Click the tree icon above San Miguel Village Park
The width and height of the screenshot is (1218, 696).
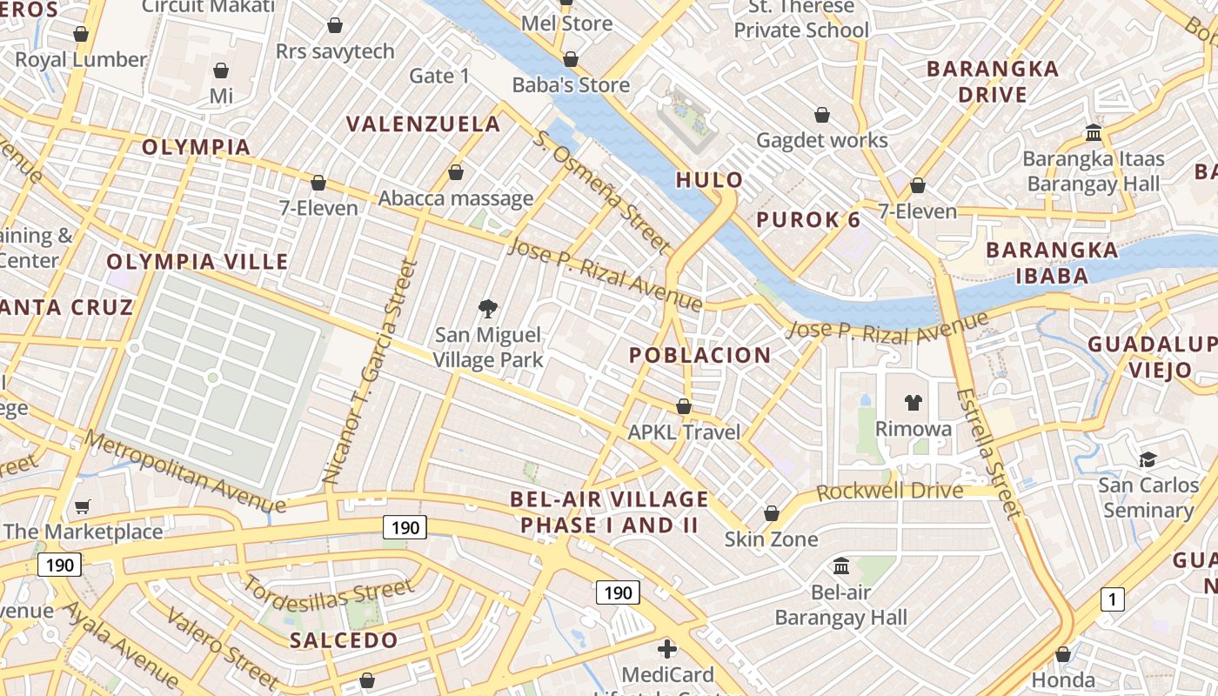(487, 307)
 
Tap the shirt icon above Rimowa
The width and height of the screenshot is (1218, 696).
(913, 402)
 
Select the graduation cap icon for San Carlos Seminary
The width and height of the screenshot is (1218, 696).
(1148, 458)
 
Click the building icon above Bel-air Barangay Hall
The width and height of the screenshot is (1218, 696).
(840, 565)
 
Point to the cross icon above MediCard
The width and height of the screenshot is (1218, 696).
(666, 648)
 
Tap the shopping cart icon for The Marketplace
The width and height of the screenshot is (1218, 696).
(83, 505)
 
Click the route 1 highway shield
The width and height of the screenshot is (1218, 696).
(1112, 599)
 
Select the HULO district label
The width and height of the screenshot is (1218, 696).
(710, 180)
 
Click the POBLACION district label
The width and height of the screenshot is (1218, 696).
(699, 355)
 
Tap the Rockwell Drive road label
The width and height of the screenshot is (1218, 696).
(889, 492)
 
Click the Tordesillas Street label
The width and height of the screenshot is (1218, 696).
(328, 593)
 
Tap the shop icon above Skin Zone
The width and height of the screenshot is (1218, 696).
(771, 513)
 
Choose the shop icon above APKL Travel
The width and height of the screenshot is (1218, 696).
(684, 406)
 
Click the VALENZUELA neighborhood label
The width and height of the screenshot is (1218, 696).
(424, 124)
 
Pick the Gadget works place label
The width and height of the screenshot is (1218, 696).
(821, 140)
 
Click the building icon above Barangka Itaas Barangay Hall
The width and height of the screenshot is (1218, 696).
(1094, 133)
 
